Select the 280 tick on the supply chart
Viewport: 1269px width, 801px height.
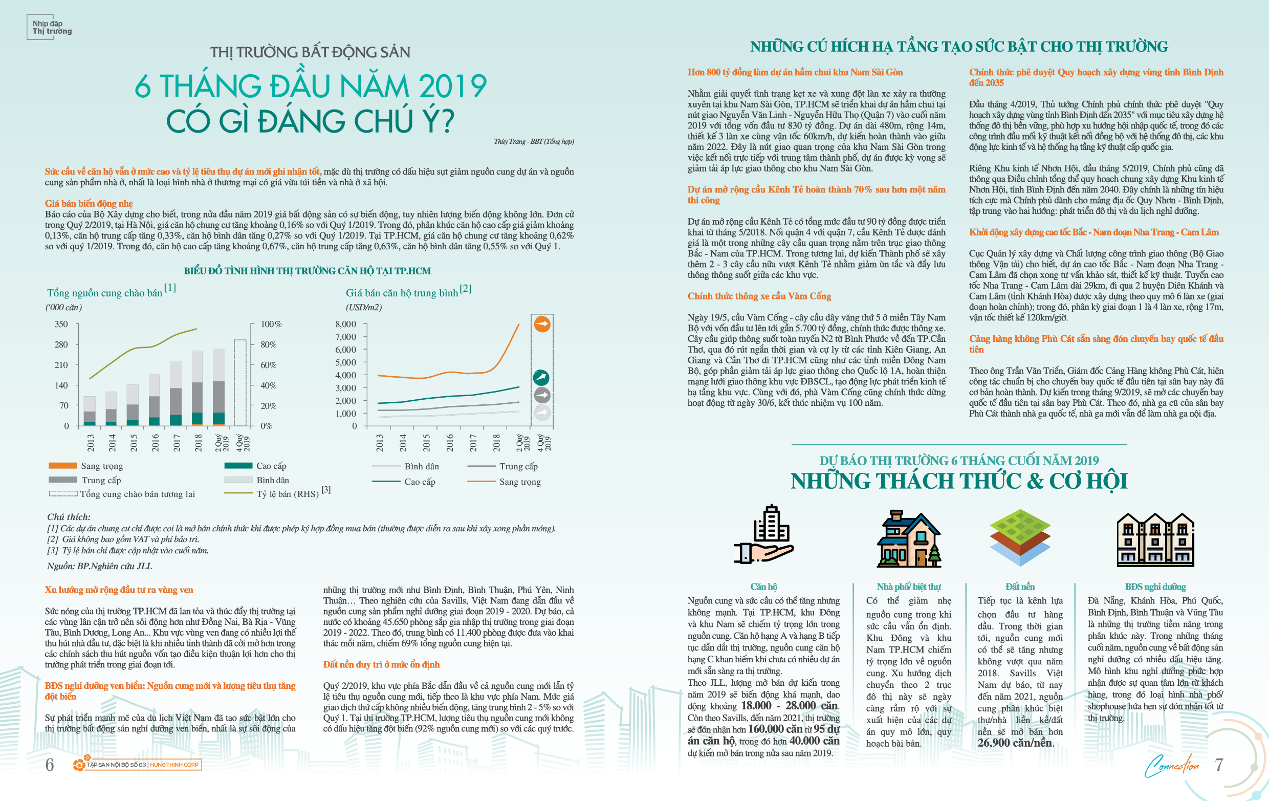[61, 344]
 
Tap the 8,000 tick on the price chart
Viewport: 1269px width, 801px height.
[346, 324]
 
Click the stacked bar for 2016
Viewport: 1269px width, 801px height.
[155, 399]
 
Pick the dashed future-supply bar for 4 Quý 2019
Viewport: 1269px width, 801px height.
[240, 382]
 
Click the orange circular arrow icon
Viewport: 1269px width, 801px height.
[542, 323]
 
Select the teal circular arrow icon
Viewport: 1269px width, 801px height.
[541, 377]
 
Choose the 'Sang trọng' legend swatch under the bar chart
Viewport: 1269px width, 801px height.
[63, 466]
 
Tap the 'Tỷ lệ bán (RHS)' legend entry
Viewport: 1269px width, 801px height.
[277, 493]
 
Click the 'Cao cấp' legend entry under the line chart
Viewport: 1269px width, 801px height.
[404, 482]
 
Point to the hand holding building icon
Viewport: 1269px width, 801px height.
[763, 534]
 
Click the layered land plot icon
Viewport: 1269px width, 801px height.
[1019, 537]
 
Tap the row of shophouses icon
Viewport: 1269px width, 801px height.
[1155, 539]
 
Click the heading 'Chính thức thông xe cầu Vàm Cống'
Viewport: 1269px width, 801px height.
[759, 296]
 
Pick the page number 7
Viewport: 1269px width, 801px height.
[1219, 764]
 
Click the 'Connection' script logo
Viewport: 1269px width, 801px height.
[1171, 766]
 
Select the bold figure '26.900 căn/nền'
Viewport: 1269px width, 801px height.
[1015, 743]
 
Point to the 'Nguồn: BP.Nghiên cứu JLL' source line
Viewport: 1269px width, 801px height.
[100, 566]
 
